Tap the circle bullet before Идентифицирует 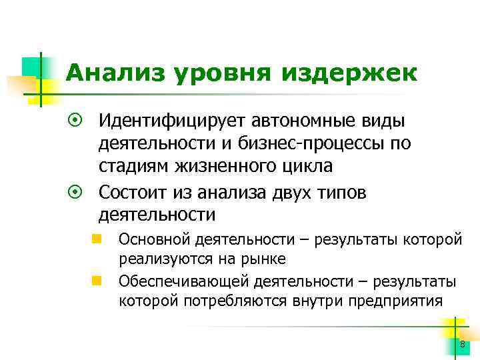[75, 121]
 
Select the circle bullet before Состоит [75, 192]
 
